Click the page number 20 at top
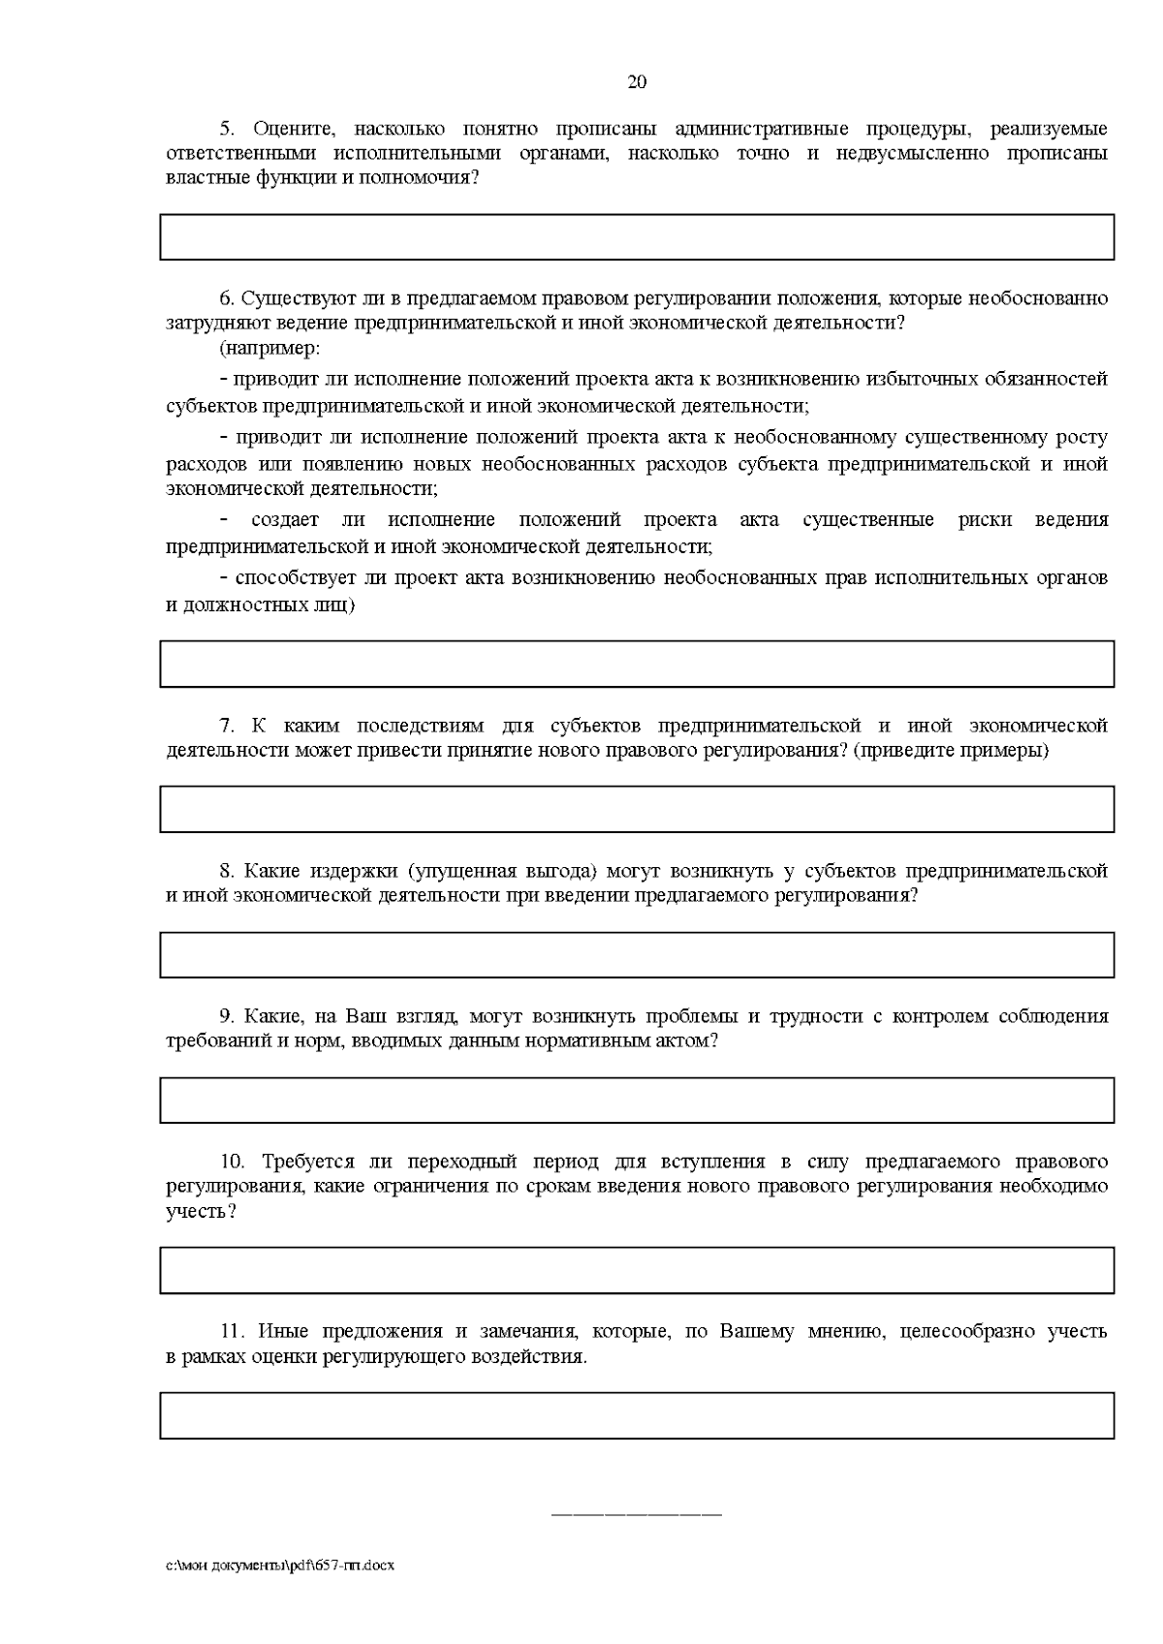[x=637, y=82]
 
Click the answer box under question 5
[x=637, y=237]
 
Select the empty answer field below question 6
[x=637, y=664]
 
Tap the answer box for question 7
[x=637, y=809]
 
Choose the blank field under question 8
[x=637, y=954]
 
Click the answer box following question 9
[x=637, y=1101]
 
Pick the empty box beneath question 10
[x=637, y=1270]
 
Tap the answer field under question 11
[x=637, y=1415]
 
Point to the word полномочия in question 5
[x=426, y=178]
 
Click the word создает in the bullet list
[x=280, y=520]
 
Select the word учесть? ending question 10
[x=201, y=1212]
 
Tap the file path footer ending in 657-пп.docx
[x=280, y=1566]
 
